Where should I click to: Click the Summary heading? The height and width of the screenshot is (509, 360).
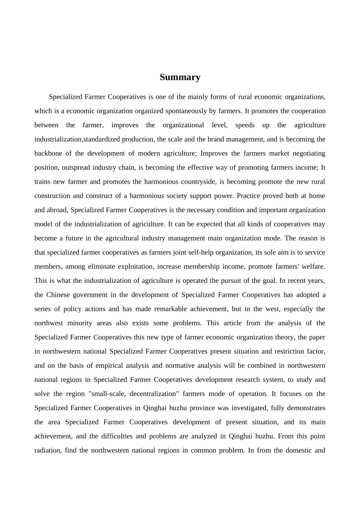click(x=180, y=77)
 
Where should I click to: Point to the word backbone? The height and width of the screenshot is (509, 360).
click(x=48, y=153)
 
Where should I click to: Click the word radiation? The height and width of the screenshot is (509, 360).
click(x=47, y=450)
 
